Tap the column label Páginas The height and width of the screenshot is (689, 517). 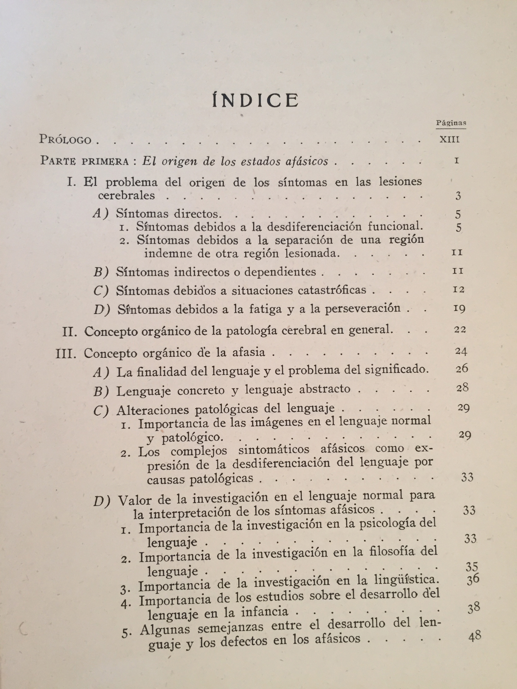coord(451,123)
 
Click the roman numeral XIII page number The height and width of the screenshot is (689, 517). coord(449,139)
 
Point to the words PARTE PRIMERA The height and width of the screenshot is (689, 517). coord(84,161)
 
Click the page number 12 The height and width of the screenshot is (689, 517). coord(458,290)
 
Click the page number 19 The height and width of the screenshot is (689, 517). coord(459,309)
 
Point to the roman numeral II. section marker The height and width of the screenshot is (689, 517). coord(69,332)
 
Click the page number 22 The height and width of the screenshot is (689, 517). coord(460,330)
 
